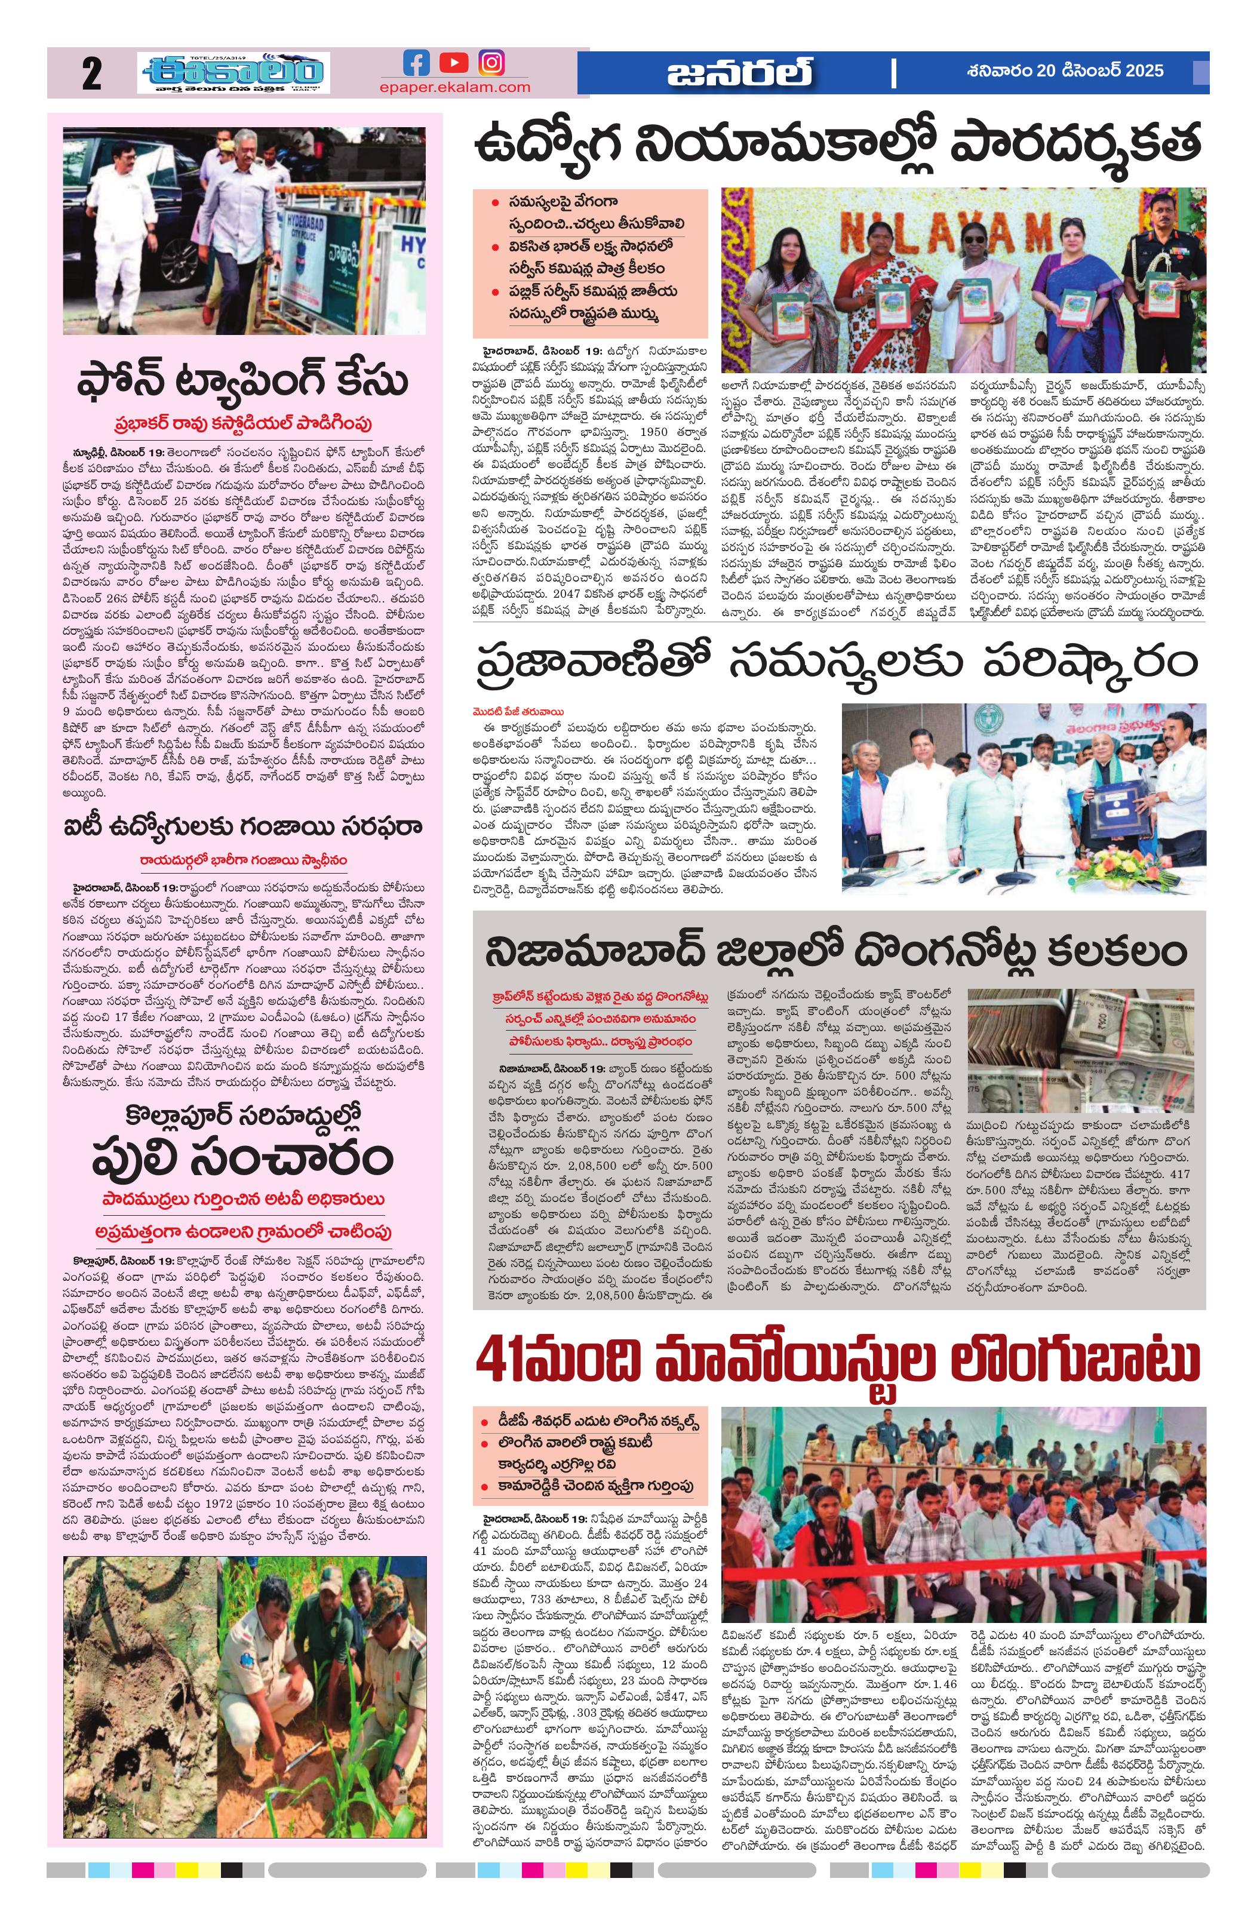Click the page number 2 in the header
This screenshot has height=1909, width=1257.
pyautogui.click(x=91, y=74)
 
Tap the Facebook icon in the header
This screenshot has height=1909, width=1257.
pyautogui.click(x=416, y=63)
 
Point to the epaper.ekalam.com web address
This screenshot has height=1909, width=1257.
pyautogui.click(x=455, y=87)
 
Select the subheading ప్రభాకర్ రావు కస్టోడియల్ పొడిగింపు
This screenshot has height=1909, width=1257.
pyautogui.click(x=243, y=423)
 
